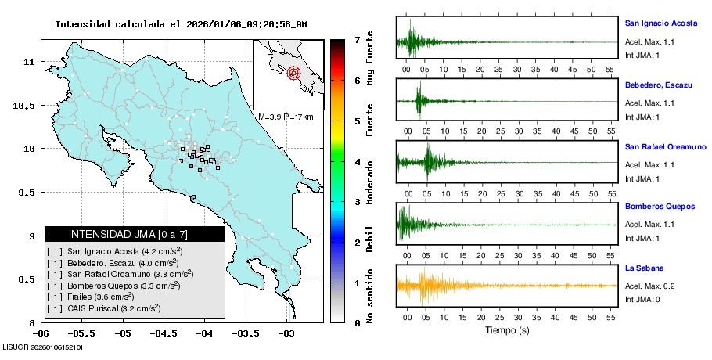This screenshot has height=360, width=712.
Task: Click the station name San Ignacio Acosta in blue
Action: (660, 23)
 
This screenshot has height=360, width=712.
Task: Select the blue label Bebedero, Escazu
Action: (657, 85)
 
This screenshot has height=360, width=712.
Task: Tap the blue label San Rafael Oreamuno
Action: (665, 146)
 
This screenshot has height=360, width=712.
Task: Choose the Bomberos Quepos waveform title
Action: (660, 207)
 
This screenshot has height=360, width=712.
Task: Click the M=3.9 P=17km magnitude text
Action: (286, 117)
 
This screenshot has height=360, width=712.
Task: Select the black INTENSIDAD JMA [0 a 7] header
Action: (135, 234)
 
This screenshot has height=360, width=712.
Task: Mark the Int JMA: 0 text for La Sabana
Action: (642, 300)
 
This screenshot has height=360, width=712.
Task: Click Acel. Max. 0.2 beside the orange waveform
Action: (650, 286)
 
